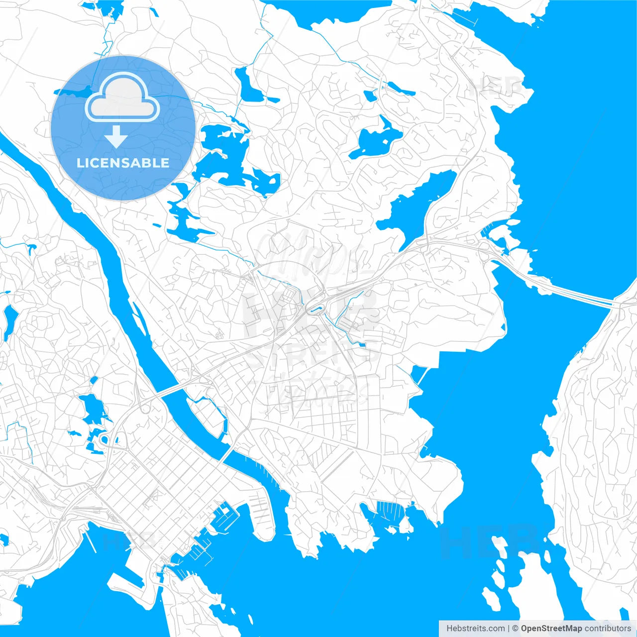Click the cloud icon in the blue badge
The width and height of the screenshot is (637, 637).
(122, 98)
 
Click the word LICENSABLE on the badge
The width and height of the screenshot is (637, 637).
(123, 163)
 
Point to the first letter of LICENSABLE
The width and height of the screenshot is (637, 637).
(79, 163)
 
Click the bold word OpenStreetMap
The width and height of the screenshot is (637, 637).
(551, 629)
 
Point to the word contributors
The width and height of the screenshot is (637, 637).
(608, 629)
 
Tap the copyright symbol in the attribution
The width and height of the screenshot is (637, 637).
(516, 629)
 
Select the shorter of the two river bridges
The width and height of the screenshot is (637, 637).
(227, 454)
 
